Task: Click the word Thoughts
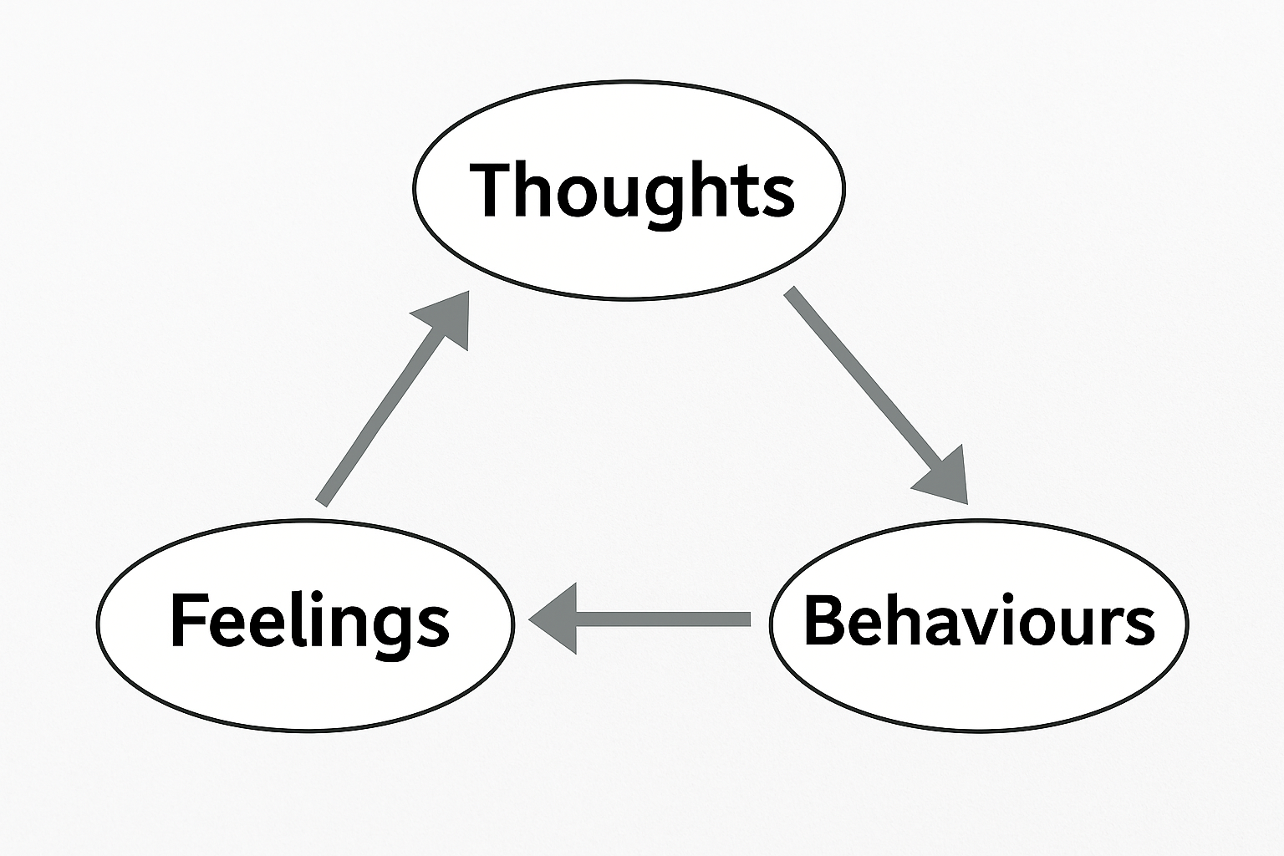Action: click(x=631, y=190)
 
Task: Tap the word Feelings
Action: click(x=309, y=621)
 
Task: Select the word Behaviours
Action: click(x=978, y=621)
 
